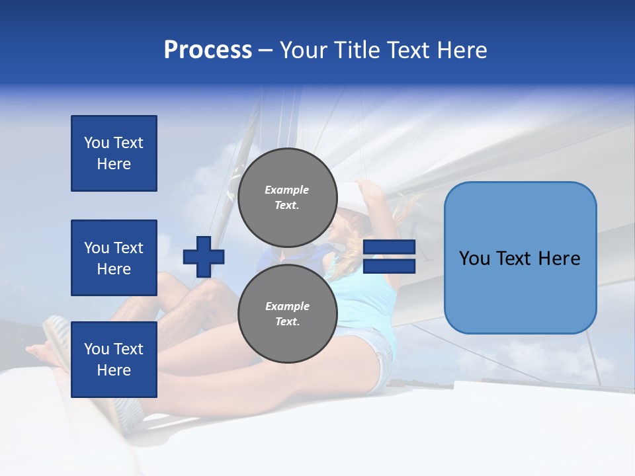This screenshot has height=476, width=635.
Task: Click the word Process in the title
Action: [x=208, y=50]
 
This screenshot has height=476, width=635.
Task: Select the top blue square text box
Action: [x=114, y=153]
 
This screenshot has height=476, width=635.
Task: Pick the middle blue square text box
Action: [x=114, y=258]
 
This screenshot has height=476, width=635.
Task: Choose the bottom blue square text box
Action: [x=114, y=360]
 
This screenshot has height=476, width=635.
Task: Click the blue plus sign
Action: [x=204, y=257]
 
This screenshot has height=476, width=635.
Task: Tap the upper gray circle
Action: [x=287, y=197]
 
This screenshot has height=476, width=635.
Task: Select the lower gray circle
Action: [x=287, y=313]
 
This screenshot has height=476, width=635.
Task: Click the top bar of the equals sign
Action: [x=390, y=247]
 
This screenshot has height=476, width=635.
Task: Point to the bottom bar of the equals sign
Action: [x=390, y=266]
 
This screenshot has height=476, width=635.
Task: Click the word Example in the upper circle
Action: [x=287, y=190]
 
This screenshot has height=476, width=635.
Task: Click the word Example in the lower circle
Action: [x=287, y=306]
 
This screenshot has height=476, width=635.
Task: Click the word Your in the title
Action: [x=302, y=50]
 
